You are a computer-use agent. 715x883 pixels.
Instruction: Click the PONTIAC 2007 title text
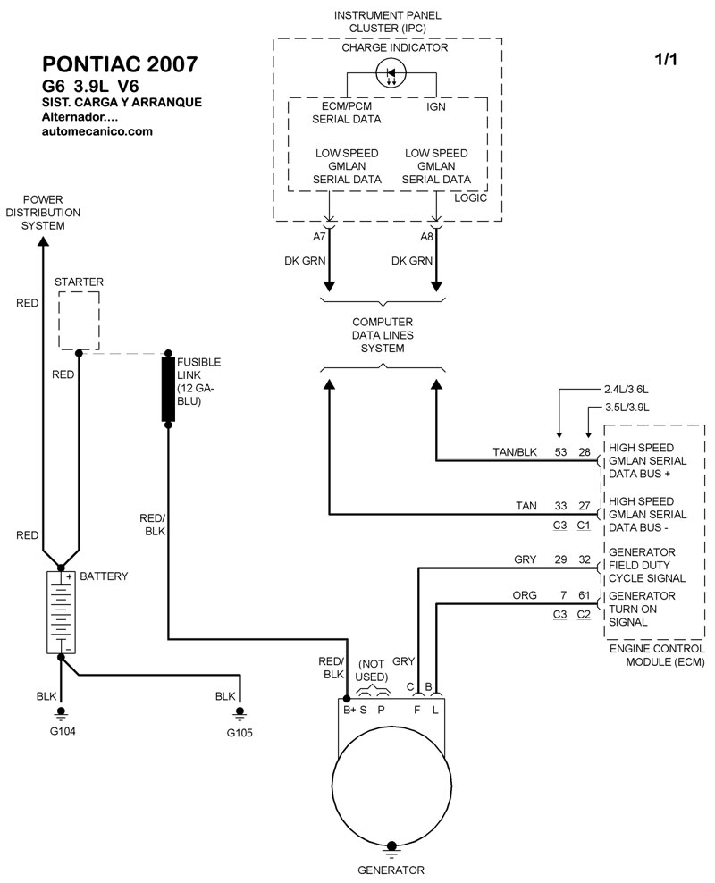121,65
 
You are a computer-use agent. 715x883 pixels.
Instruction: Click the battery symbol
60,612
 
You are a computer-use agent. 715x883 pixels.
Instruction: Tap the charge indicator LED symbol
391,73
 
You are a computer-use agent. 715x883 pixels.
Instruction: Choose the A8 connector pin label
427,237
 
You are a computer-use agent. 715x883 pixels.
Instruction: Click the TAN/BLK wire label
515,452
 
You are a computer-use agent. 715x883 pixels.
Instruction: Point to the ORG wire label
525,595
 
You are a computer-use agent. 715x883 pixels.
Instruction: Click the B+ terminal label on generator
349,710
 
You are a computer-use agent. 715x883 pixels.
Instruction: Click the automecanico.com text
97,130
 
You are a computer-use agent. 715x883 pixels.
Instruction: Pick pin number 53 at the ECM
561,452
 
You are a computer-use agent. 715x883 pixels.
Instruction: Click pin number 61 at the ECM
584,595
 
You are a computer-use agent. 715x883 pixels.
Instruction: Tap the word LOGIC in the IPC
470,198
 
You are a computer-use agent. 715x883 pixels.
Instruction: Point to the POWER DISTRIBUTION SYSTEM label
43,213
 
